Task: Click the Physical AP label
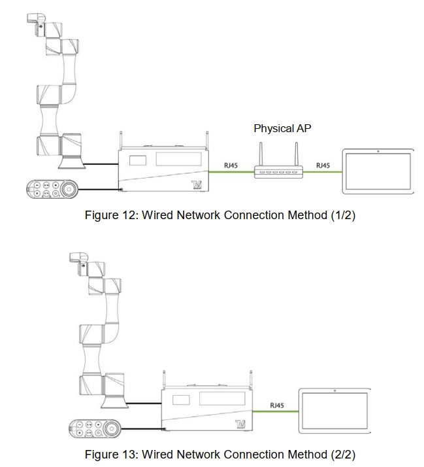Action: click(282, 128)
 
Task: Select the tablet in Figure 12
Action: click(378, 171)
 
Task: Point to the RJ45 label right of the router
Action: click(323, 165)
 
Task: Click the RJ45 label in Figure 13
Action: click(277, 406)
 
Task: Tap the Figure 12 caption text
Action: click(220, 216)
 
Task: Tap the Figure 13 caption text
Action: click(220, 454)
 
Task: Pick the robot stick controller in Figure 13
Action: click(95, 429)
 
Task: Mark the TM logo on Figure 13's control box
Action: click(242, 425)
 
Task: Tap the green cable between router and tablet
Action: click(323, 173)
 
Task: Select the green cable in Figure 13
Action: click(277, 412)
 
